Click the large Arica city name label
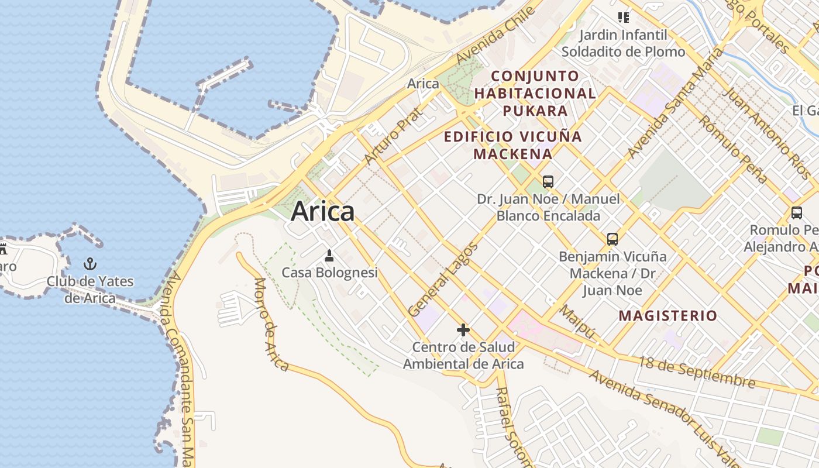(322, 211)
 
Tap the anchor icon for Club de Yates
(90, 264)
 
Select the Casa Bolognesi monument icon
(329, 256)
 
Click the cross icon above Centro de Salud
(463, 330)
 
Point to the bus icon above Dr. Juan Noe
(548, 182)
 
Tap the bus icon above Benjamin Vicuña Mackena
(612, 239)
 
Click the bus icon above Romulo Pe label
(796, 213)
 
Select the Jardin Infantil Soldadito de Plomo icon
(624, 18)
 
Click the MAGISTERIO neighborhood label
(667, 316)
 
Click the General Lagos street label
(443, 279)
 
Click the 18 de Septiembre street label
(696, 372)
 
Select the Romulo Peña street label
(732, 149)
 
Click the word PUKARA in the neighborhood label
(535, 111)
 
